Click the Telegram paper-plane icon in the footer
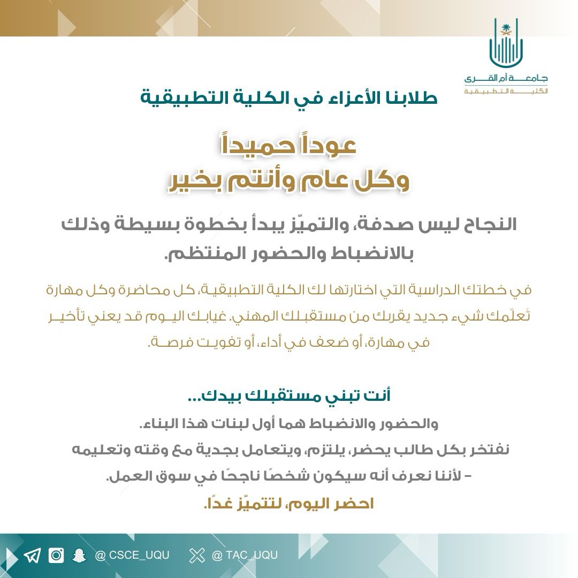(x=32, y=556)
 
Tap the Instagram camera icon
(x=56, y=556)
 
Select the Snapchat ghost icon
(x=80, y=556)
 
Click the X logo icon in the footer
(x=197, y=556)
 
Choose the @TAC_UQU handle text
(x=245, y=556)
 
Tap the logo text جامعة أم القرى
(x=506, y=78)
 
